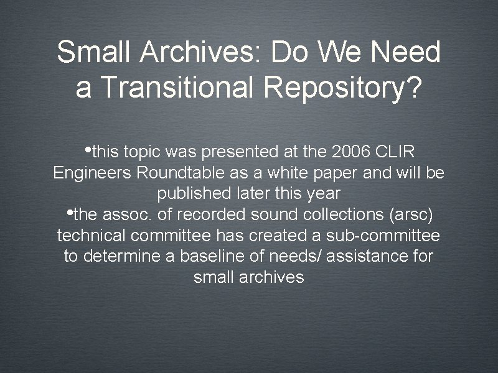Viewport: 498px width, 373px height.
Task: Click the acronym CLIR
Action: click(398, 151)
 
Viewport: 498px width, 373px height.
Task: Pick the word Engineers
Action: click(90, 173)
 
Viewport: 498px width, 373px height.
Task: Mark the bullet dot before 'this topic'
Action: click(89, 150)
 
